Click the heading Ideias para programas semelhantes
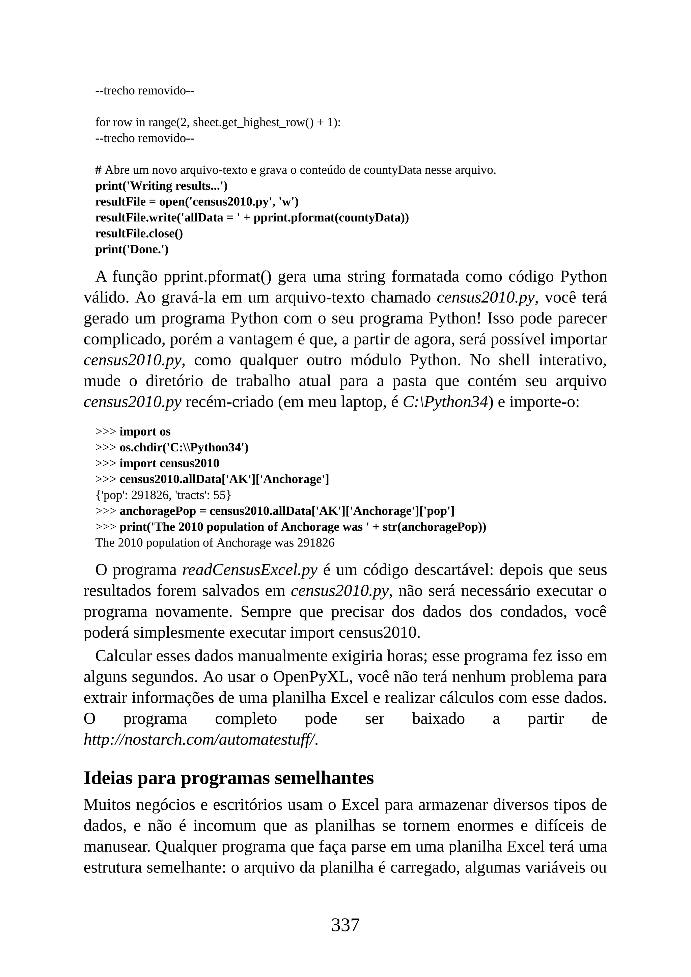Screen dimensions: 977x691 pyautogui.click(x=228, y=778)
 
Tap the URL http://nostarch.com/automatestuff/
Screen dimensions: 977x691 pyautogui.click(x=201, y=739)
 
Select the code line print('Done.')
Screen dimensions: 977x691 pyautogui.click(x=132, y=249)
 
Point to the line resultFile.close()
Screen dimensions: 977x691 pyautogui.click(x=139, y=233)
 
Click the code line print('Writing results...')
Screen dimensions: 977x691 pyautogui.click(x=161, y=186)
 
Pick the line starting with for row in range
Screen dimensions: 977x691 pyautogui.click(x=218, y=122)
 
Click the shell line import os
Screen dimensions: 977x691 pyautogui.click(x=145, y=431)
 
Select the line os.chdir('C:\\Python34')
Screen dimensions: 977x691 pyautogui.click(x=184, y=448)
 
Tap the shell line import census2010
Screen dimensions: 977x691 pyautogui.click(x=169, y=464)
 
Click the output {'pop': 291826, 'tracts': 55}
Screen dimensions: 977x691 pyautogui.click(x=163, y=495)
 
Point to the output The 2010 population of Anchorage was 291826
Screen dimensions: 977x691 pyautogui.click(x=215, y=543)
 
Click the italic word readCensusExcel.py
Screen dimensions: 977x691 pyautogui.click(x=250, y=570)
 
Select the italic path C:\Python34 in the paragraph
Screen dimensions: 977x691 pyautogui.click(x=445, y=402)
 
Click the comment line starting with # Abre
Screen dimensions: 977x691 pyautogui.click(x=295, y=170)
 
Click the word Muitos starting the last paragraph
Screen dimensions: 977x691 pyautogui.click(x=108, y=805)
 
